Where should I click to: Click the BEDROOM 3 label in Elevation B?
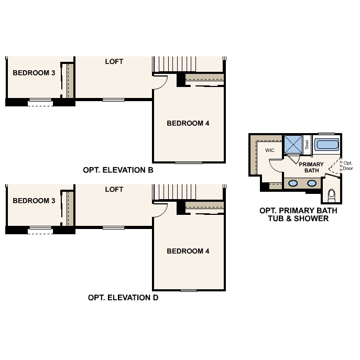point(34,73)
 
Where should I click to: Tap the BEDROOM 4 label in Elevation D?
point(188,251)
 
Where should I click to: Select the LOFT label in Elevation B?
point(114,61)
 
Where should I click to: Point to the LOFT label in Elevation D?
point(114,189)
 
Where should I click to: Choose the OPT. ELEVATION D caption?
point(123,298)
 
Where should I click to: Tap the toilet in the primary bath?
point(331,195)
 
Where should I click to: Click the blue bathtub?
point(326,145)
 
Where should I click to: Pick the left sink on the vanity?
point(294,183)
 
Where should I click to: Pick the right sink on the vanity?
point(312,183)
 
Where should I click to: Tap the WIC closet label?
point(270,150)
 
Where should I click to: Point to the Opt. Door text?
point(348,165)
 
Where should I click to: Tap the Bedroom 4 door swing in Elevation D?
point(161,210)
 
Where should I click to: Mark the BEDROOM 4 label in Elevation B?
point(188,124)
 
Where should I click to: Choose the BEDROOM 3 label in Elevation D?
point(34,200)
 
